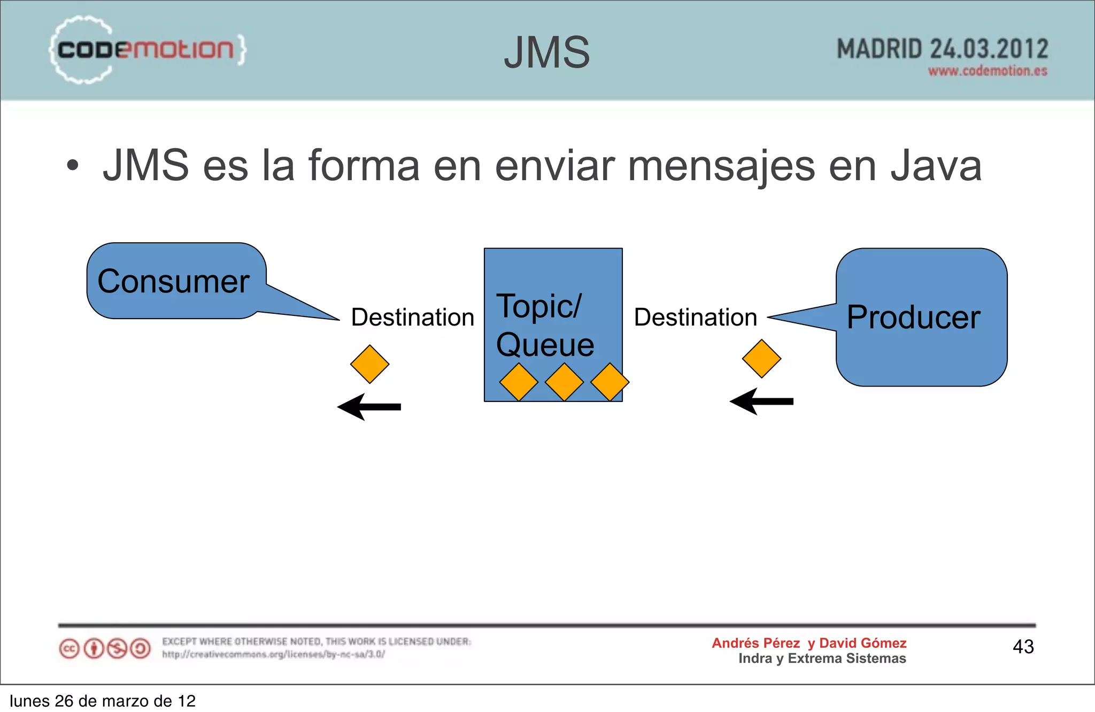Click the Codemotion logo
pos(147,50)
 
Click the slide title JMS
pos(546,52)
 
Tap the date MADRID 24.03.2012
pos(942,49)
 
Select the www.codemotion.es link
pos(987,71)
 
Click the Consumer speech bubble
pos(174,281)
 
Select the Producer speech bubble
pos(921,317)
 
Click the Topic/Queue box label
pos(544,325)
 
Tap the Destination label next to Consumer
pos(412,318)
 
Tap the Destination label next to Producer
pos(695,318)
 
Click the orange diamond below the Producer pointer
pos(761,359)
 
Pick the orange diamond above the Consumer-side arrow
pos(369,364)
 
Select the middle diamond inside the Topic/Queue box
pos(564,382)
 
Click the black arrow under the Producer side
pos(761,401)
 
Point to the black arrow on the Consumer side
pos(369,407)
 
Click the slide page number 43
pos(1023,647)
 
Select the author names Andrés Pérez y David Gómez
pos(808,643)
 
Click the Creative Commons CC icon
pos(69,649)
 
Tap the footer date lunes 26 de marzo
pos(103,701)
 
